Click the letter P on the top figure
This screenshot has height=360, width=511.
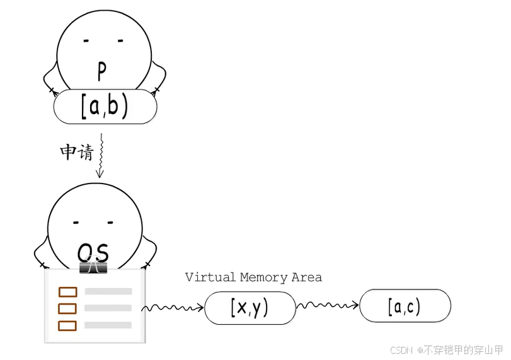102,71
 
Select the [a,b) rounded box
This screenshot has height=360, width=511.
105,107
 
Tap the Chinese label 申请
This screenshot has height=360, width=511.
77,152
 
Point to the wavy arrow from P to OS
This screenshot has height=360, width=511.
101,156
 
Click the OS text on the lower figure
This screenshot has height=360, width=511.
93,253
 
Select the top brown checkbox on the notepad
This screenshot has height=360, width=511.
68,292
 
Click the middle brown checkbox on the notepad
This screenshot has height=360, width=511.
67,308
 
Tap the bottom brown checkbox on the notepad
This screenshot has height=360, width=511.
67,326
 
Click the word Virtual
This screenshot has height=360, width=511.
210,277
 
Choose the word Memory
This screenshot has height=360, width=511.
264,278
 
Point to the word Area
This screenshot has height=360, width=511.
307,277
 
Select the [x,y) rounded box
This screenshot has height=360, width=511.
250,308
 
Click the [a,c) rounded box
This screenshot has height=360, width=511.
405,306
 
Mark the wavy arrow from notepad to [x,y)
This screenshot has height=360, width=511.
173,308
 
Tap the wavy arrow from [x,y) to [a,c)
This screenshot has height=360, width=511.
328,305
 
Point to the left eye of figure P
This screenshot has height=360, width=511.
86,41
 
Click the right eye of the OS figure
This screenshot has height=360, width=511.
110,223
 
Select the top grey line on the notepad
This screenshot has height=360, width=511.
108,291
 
